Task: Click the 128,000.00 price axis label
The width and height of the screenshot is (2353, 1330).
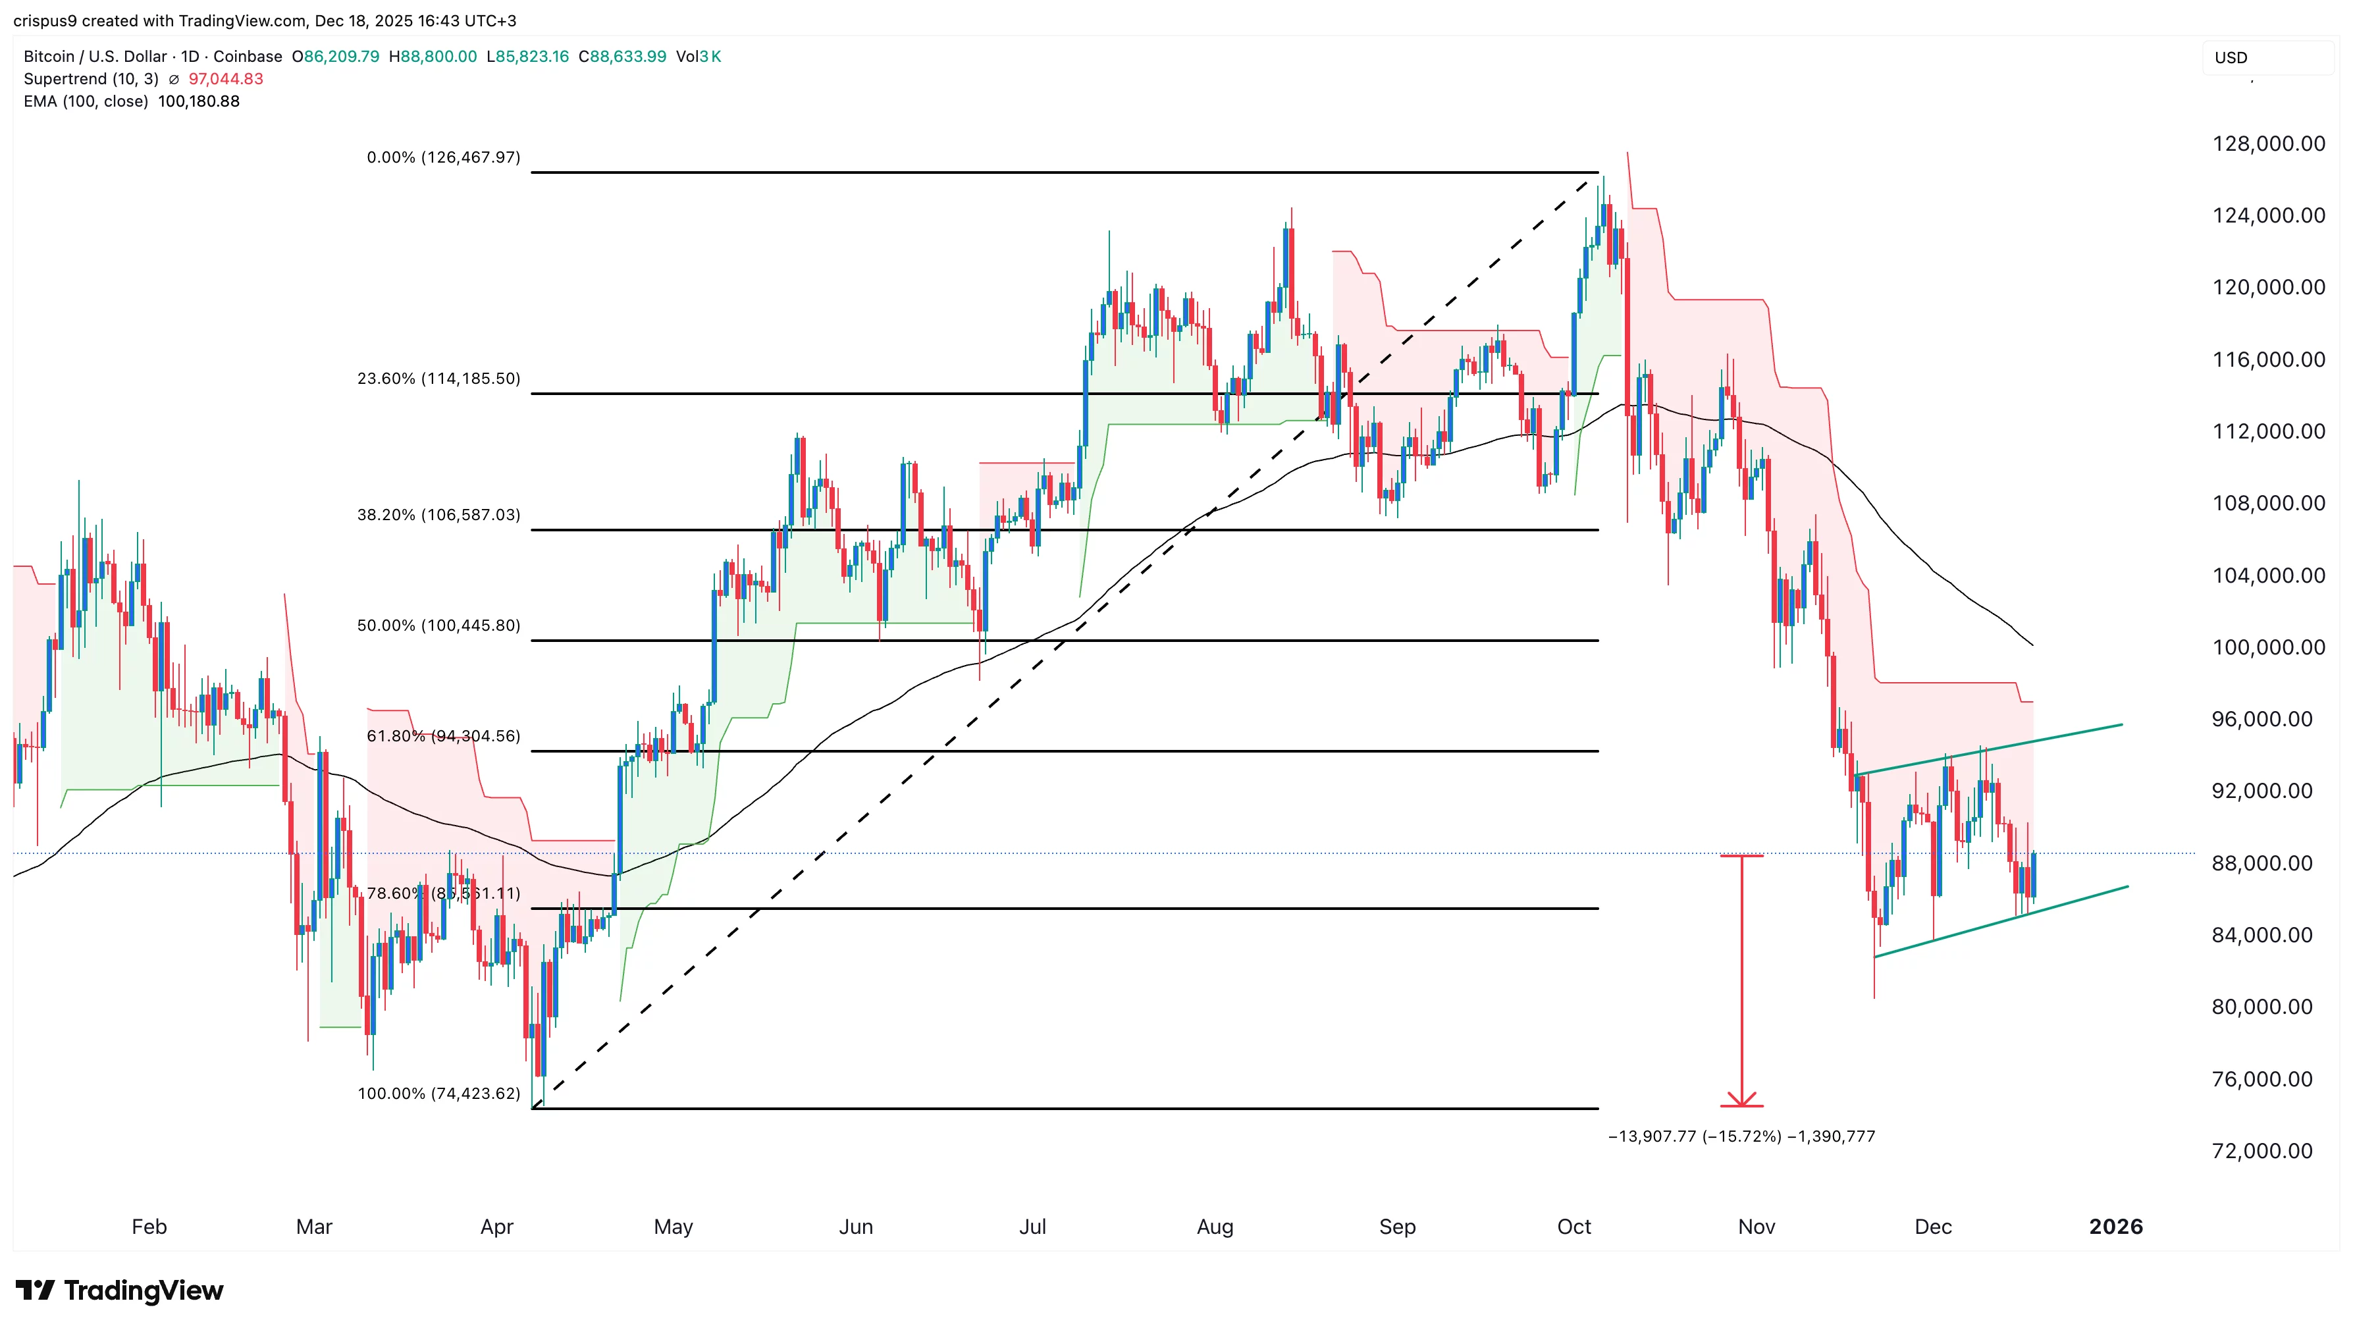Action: [2268, 144]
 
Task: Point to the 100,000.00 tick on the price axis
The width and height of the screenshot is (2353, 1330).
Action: [2268, 648]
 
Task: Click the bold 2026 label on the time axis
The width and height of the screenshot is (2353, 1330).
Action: [2115, 1227]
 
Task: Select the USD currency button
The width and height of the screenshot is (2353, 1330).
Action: [2231, 57]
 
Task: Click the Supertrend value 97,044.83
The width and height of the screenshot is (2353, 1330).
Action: [226, 80]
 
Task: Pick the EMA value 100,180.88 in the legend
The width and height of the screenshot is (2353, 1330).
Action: [198, 101]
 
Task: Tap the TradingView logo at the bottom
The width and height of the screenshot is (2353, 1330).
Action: [120, 1290]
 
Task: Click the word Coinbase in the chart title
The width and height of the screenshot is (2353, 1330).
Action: [248, 57]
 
